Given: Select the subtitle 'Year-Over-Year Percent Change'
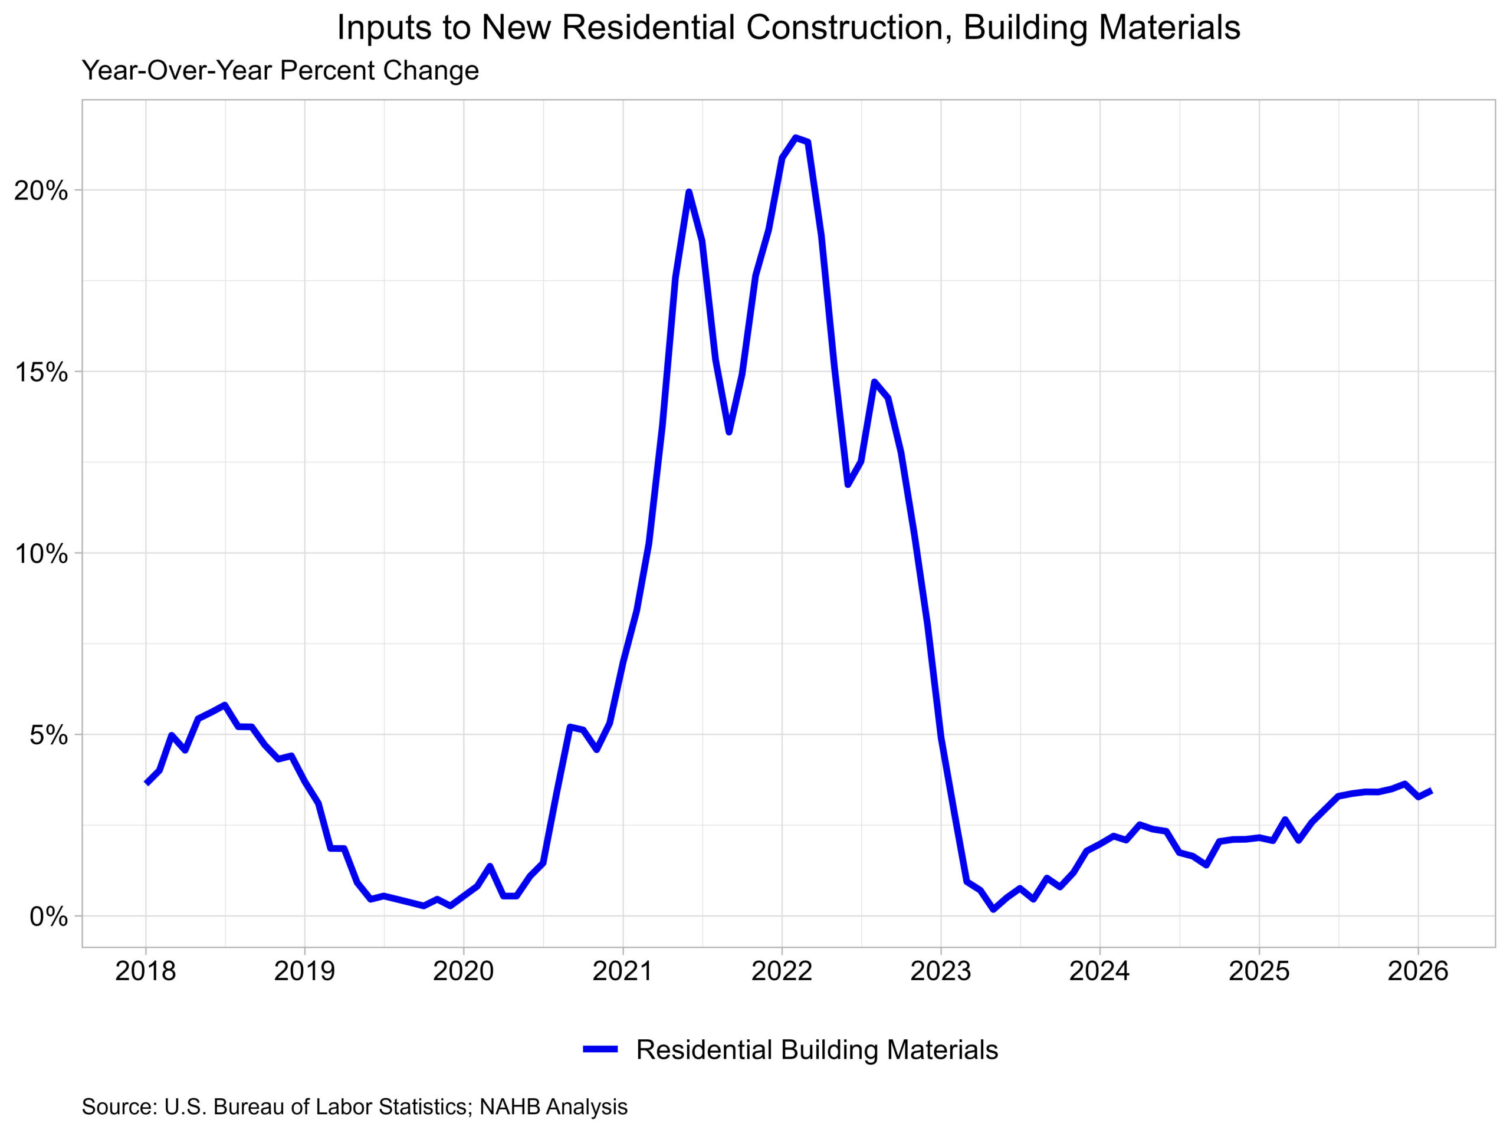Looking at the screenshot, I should [280, 71].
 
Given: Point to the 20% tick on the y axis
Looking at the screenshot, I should [41, 191].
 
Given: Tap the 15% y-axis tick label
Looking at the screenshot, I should [41, 372].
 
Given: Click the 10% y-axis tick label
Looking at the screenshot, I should [41, 554].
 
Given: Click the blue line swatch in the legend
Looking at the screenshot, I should [600, 1050].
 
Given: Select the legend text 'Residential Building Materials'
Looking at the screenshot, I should [817, 1050].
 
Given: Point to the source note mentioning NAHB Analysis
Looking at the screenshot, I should [354, 1107].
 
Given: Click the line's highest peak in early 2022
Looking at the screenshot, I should [795, 138].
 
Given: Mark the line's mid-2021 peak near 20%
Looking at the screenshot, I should [689, 192].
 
